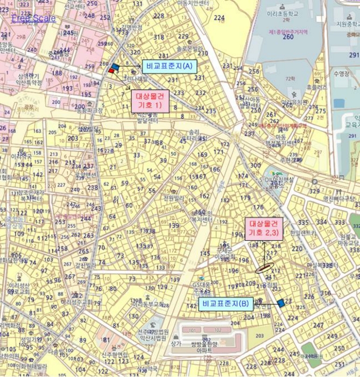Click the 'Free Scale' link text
tap(33, 18)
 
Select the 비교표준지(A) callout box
tap(169, 66)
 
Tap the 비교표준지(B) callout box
tap(225, 304)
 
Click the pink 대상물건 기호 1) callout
tap(151, 101)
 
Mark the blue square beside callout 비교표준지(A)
tap(115, 67)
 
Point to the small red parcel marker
tap(111, 71)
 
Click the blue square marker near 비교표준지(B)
tap(281, 303)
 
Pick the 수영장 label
tap(342, 73)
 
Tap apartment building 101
tap(191, 330)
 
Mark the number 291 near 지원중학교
tap(354, 55)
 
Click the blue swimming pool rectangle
tap(338, 103)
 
